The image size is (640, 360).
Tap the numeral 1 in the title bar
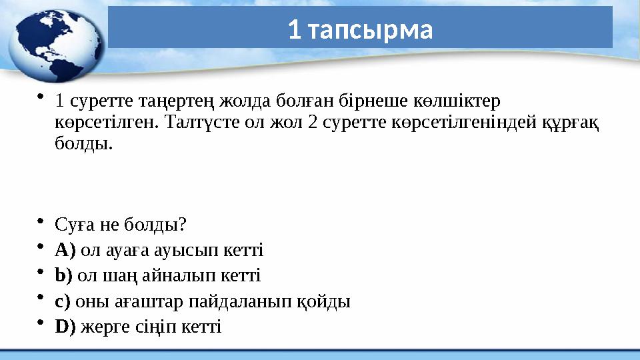coord(294,29)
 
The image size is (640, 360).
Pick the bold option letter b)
coord(63,275)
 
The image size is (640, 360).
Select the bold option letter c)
coord(63,301)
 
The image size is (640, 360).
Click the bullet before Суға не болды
coord(41,221)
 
